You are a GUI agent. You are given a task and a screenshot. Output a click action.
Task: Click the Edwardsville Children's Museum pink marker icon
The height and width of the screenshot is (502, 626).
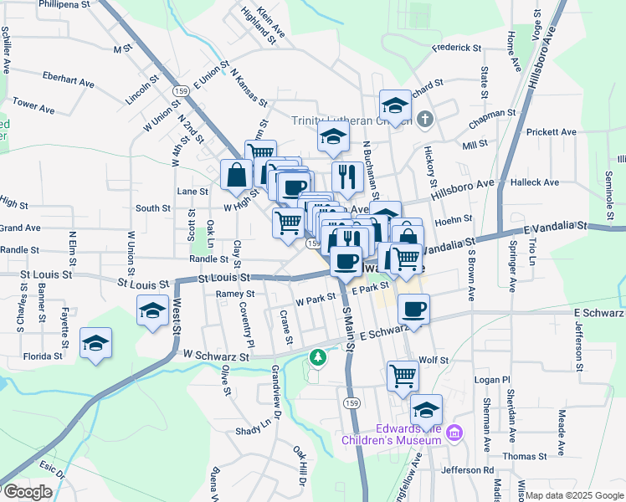pyautogui.click(x=454, y=433)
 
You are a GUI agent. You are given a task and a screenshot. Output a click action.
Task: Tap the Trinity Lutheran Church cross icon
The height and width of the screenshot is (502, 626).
pyautogui.click(x=425, y=118)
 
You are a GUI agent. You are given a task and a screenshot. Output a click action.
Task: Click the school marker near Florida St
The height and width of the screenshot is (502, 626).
pyautogui.click(x=96, y=343)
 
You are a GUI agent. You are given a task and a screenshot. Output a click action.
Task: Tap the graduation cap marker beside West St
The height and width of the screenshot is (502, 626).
pyautogui.click(x=152, y=311)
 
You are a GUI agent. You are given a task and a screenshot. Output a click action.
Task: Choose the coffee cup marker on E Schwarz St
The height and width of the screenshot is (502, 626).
pyautogui.click(x=413, y=310)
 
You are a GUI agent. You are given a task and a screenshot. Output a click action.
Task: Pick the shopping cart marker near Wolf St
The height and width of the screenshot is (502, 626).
pyautogui.click(x=403, y=375)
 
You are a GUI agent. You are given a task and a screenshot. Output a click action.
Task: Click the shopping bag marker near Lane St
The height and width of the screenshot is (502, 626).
pyautogui.click(x=237, y=174)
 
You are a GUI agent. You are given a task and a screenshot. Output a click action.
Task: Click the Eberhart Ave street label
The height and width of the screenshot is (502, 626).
pyautogui.click(x=69, y=81)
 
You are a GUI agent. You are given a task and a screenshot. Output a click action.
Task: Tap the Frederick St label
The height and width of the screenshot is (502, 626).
pyautogui.click(x=457, y=48)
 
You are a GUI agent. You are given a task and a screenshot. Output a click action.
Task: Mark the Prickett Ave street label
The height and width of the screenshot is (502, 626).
pyautogui.click(x=551, y=132)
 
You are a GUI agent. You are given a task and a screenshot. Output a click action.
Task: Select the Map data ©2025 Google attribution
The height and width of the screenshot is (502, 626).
pyautogui.click(x=575, y=495)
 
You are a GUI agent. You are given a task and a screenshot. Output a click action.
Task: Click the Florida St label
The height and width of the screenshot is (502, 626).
pyautogui.click(x=43, y=356)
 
